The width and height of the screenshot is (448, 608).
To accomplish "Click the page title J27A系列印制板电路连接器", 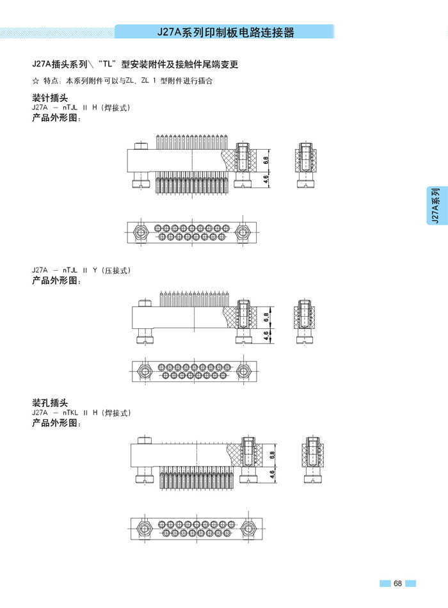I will click(x=225, y=33).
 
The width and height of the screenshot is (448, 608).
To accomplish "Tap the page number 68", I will click(x=397, y=583).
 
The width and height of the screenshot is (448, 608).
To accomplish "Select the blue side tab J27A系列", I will click(x=435, y=205).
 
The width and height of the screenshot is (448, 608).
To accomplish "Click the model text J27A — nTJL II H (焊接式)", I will click(x=81, y=108).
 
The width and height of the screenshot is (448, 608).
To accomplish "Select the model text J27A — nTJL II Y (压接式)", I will click(x=81, y=271).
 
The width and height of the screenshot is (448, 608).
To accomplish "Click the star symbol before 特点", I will click(x=35, y=81).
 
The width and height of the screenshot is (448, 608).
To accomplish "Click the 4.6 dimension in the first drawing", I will click(x=265, y=179).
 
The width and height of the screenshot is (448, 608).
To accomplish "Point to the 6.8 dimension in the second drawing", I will click(x=266, y=317).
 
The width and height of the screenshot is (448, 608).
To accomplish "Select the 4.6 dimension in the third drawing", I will click(x=272, y=474).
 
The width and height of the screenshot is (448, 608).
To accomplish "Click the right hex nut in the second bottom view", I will click(x=243, y=371).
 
